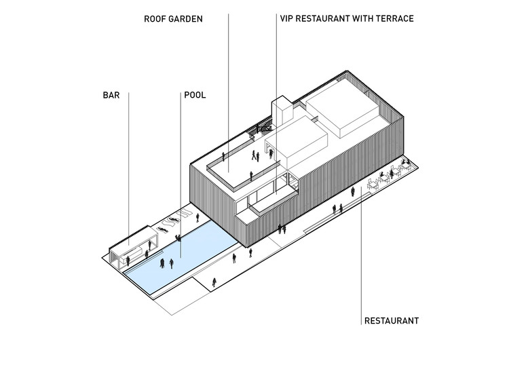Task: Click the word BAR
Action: click(111, 96)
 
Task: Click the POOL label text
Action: click(195, 96)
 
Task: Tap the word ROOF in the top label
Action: click(156, 18)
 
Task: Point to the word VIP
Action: click(288, 18)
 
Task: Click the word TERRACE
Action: click(393, 18)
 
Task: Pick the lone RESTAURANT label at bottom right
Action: click(391, 321)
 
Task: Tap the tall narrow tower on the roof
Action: click(280, 114)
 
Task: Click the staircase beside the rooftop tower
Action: click(261, 127)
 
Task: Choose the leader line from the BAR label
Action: click(129, 170)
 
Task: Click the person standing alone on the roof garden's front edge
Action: click(250, 176)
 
